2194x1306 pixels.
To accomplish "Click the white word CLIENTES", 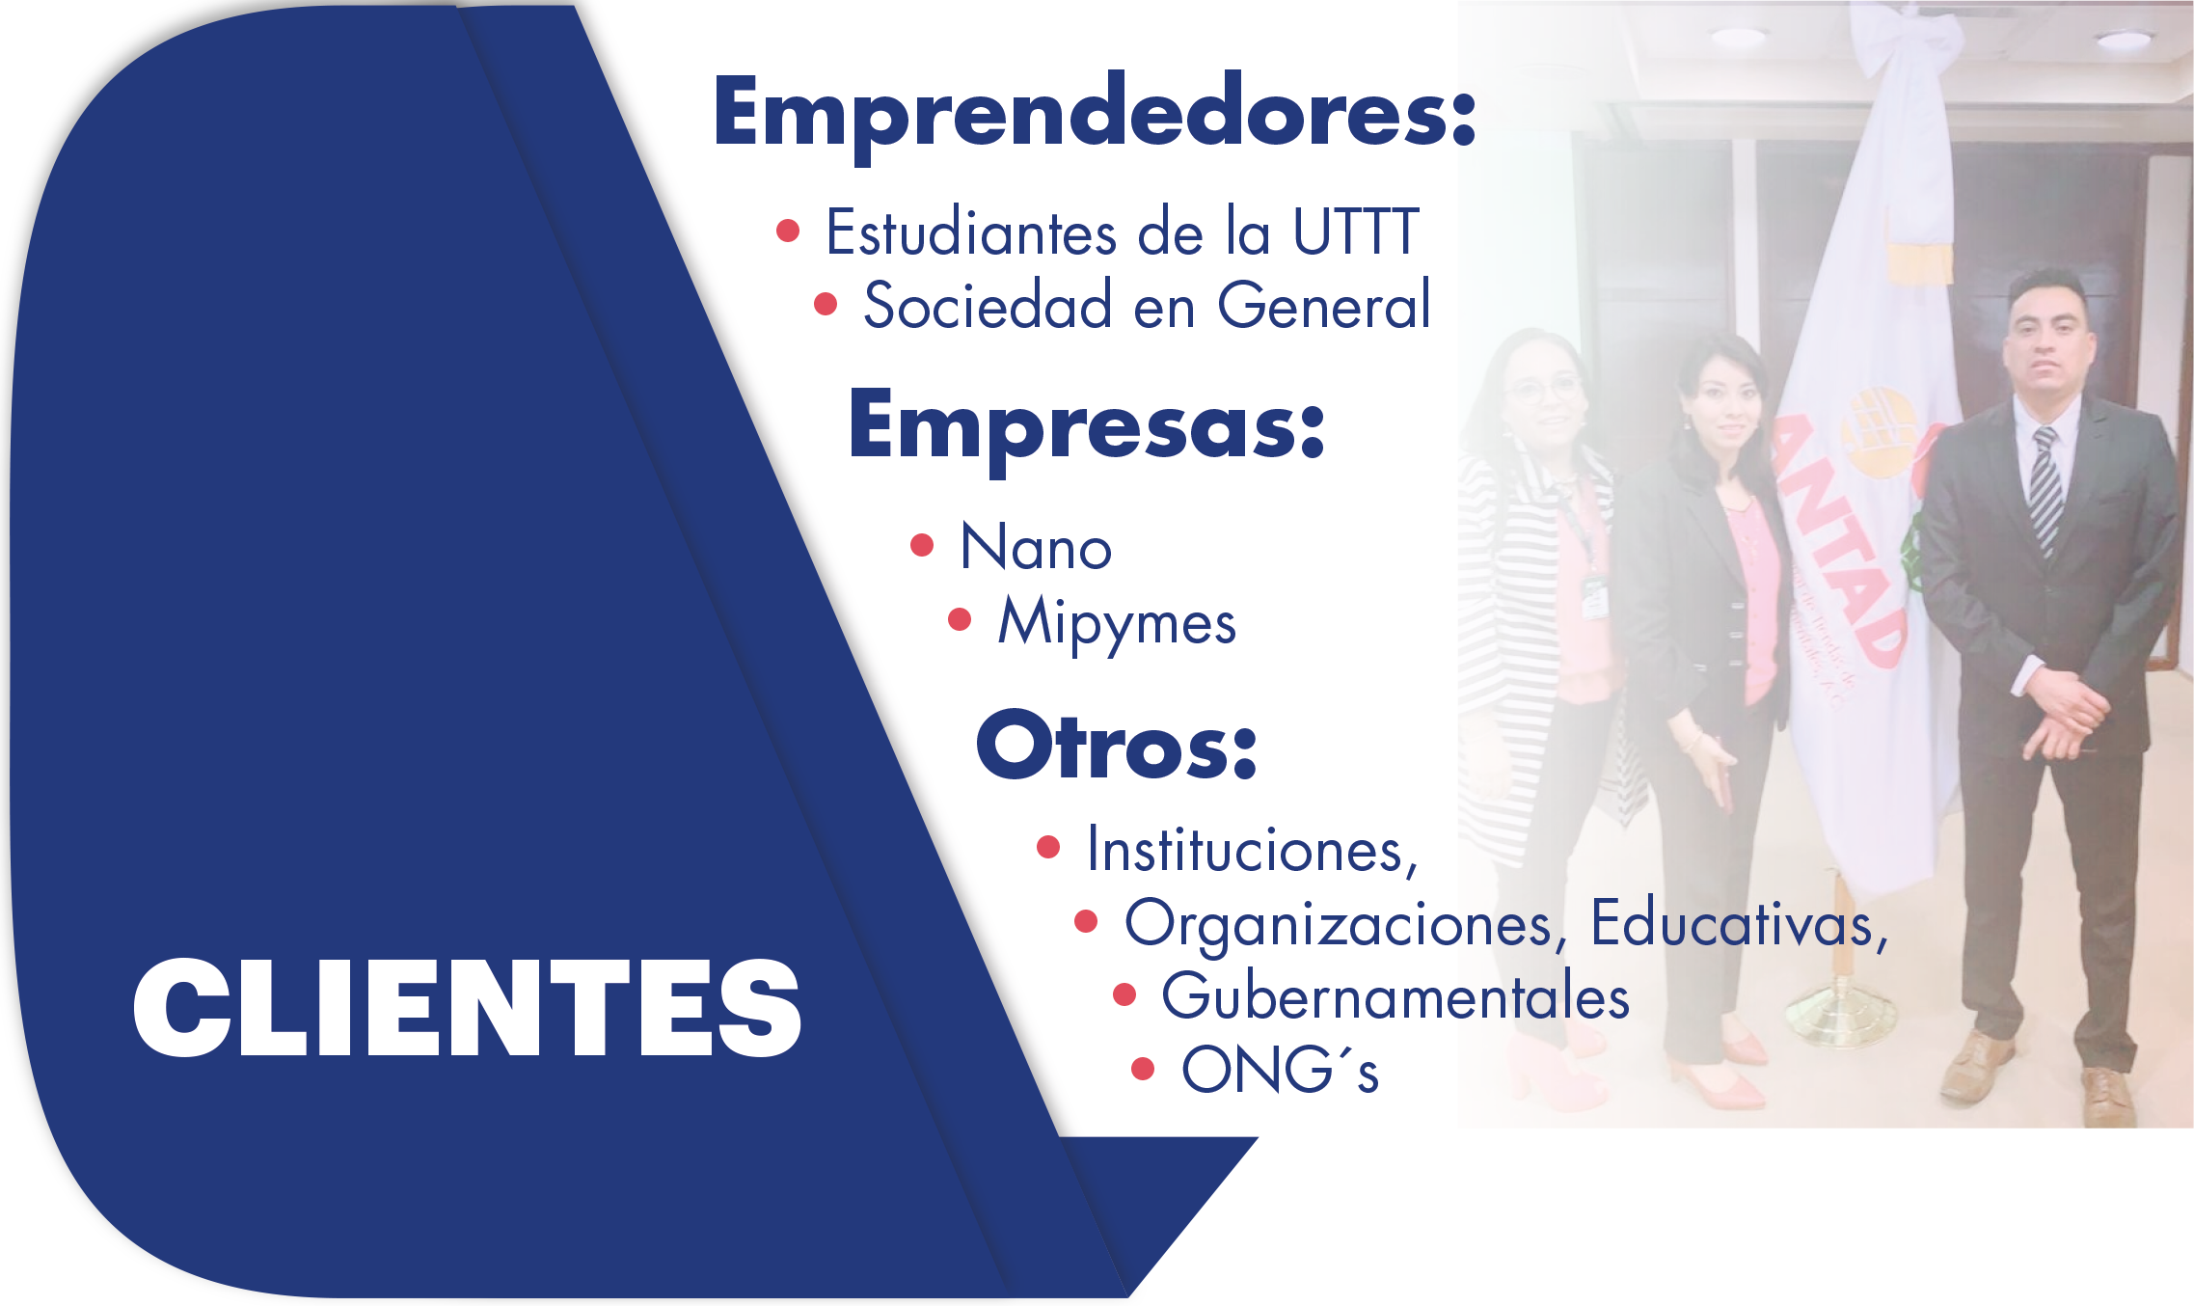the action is click(467, 1008).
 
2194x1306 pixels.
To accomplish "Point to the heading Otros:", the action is click(1117, 745).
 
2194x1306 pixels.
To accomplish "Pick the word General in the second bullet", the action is click(1324, 305).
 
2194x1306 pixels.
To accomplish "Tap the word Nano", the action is click(1037, 547).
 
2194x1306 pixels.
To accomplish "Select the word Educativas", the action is click(1739, 923).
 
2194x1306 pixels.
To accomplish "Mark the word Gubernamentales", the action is click(1395, 996).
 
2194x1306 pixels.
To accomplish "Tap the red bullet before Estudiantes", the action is click(788, 231).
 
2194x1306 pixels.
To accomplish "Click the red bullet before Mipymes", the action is click(960, 618).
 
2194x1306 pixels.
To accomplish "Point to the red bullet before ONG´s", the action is click(1143, 1069).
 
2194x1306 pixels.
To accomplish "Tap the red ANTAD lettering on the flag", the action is click(1840, 540).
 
